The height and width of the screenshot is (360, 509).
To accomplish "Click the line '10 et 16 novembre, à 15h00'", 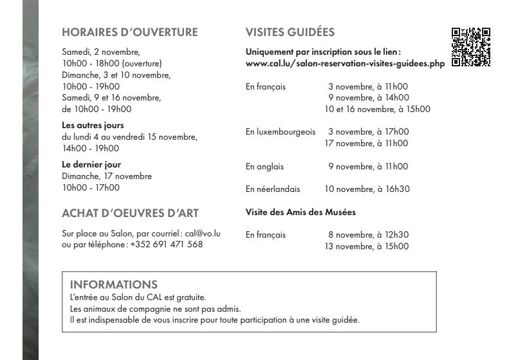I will (378, 109).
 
